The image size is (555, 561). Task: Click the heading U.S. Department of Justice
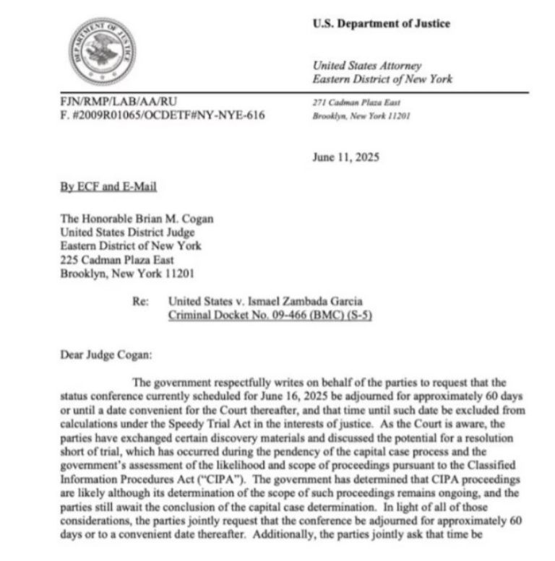[381, 24]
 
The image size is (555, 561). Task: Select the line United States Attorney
[367, 66]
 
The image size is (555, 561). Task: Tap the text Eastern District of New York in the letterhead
[382, 79]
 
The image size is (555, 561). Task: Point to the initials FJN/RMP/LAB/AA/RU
[119, 103]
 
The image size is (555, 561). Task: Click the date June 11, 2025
[345, 157]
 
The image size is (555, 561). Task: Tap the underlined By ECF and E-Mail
[108, 186]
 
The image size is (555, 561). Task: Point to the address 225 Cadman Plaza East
[118, 260]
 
